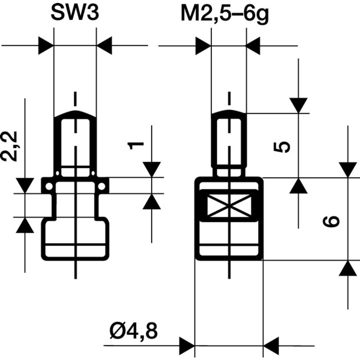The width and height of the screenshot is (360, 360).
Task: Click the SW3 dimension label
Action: point(75,14)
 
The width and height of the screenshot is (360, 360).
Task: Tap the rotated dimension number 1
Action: point(136,145)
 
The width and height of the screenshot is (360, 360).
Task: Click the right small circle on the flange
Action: point(102,186)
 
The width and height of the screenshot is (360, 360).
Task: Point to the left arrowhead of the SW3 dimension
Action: point(46,46)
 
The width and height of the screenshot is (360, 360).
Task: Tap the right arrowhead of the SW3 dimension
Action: point(104,46)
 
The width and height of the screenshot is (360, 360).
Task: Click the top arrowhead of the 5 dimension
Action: point(299,105)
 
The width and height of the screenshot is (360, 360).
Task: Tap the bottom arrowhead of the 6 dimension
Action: point(348,269)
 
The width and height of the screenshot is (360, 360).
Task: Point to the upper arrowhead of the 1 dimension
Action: point(152,169)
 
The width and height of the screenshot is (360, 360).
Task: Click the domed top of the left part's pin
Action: point(75,114)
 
